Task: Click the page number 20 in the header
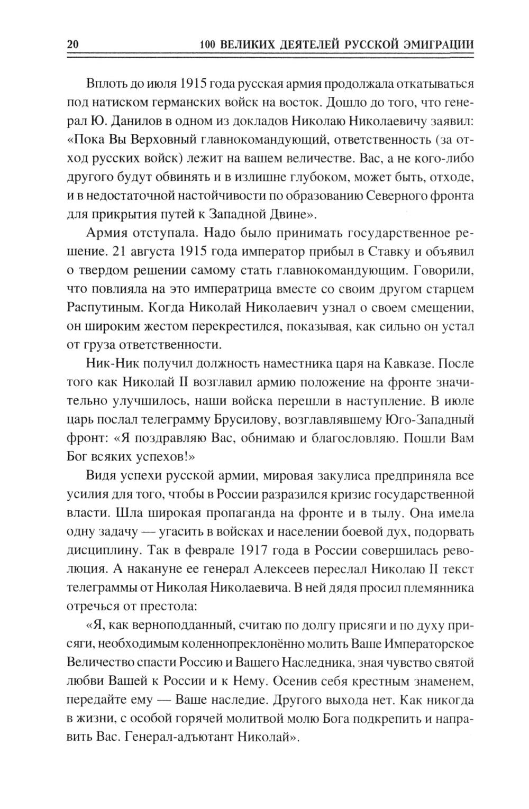tap(72, 45)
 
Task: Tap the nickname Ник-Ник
tap(110, 364)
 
